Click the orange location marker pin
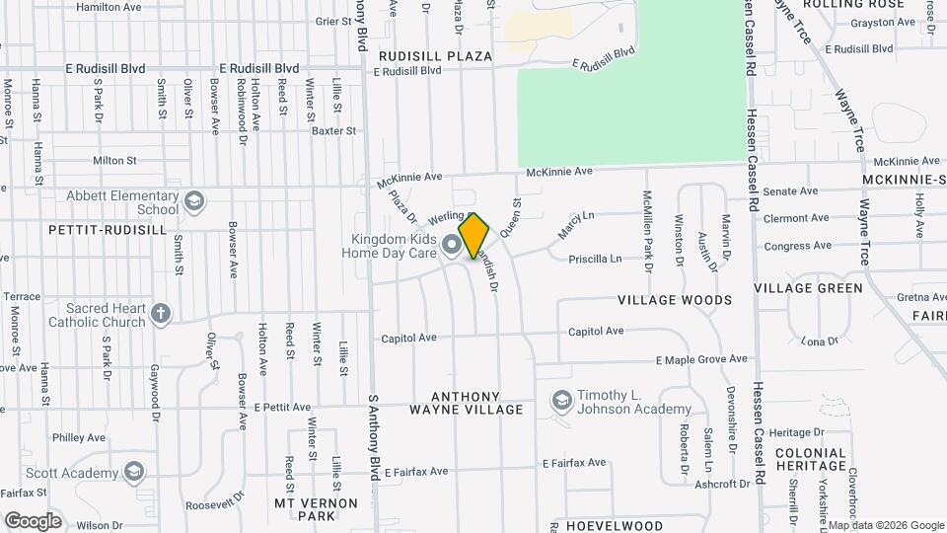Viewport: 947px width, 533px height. pos(474,236)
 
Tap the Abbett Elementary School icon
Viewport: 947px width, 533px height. pos(195,202)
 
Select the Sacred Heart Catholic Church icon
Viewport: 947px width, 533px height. pos(162,315)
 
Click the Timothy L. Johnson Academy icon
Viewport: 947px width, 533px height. pos(562,401)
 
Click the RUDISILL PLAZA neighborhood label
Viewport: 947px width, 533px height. pos(434,56)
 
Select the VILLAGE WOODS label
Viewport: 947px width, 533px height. pos(675,299)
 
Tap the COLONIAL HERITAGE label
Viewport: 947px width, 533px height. pos(811,460)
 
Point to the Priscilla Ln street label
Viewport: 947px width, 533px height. pos(596,260)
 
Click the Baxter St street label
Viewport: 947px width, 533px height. pos(333,130)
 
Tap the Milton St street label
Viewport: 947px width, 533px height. pos(114,160)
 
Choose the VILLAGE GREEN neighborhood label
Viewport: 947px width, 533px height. pos(808,288)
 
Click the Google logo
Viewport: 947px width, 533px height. pos(33,520)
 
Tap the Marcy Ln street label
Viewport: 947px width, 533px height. pos(577,225)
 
